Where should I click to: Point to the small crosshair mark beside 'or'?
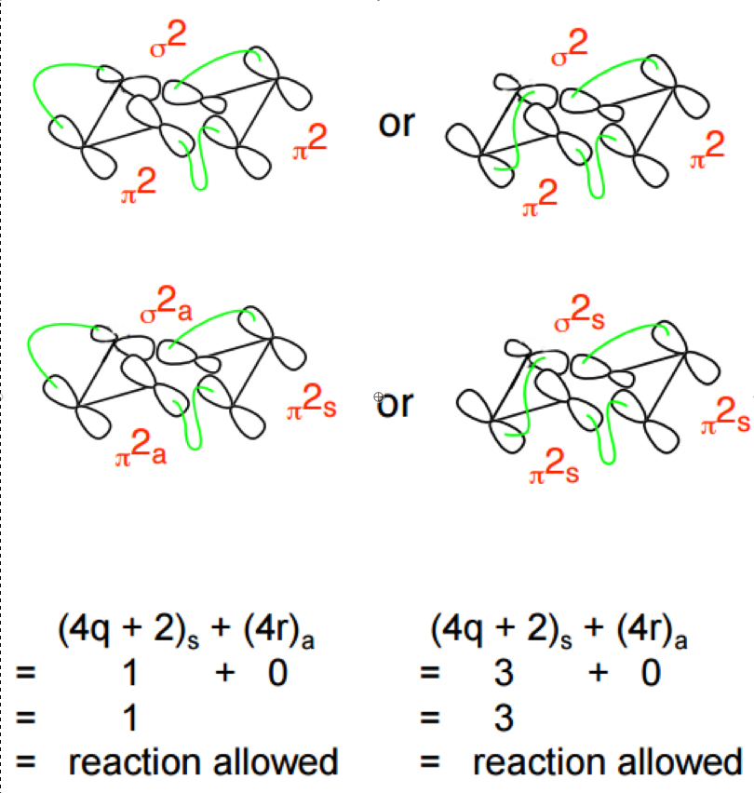pyautogui.click(x=378, y=397)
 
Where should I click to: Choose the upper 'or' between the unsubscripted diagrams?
pyautogui.click(x=396, y=124)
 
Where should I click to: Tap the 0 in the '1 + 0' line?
pyautogui.click(x=277, y=673)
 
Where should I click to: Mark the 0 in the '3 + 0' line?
pyautogui.click(x=650, y=673)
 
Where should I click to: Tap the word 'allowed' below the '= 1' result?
pyautogui.click(x=276, y=762)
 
